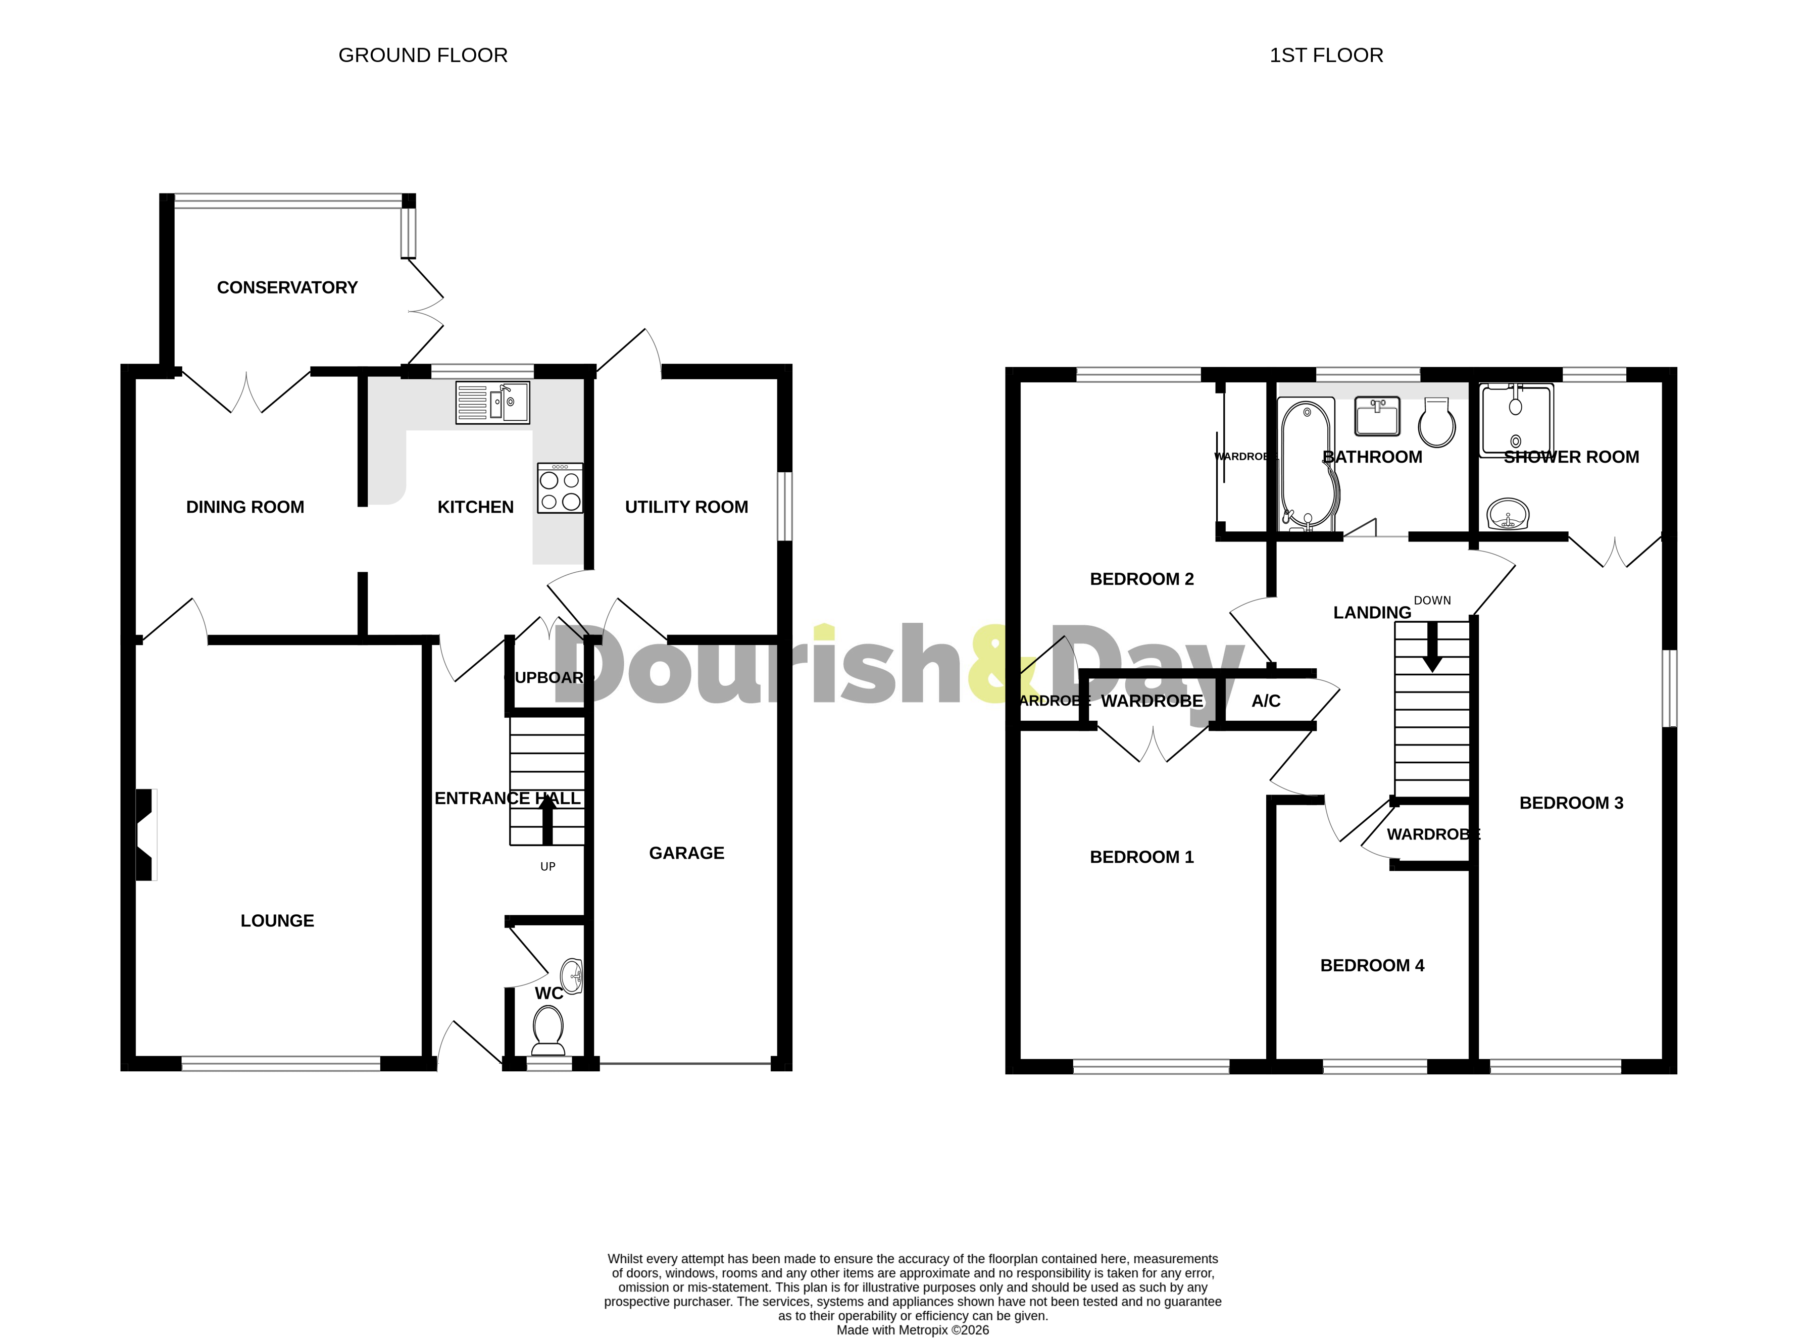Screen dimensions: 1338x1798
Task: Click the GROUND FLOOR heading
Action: pyautogui.click(x=423, y=55)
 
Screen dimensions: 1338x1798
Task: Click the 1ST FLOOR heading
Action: pyautogui.click(x=1326, y=55)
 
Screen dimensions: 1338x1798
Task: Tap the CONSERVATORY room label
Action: pyautogui.click(x=287, y=287)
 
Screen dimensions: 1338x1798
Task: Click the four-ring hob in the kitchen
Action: pyautogui.click(x=560, y=488)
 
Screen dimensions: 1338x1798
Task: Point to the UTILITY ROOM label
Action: pyautogui.click(x=686, y=507)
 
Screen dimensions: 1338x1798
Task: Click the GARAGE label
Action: pyautogui.click(x=686, y=853)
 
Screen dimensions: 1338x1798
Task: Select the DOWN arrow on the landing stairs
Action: pyautogui.click(x=1432, y=647)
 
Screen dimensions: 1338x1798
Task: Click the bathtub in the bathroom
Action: pyautogui.click(x=1307, y=466)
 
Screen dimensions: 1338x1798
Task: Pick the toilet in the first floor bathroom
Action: pyautogui.click(x=1437, y=423)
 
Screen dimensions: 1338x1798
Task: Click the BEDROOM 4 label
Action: pyautogui.click(x=1372, y=965)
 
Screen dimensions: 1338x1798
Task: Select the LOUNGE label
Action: pyautogui.click(x=277, y=921)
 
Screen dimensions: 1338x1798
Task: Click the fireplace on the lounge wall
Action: pyautogui.click(x=145, y=834)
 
